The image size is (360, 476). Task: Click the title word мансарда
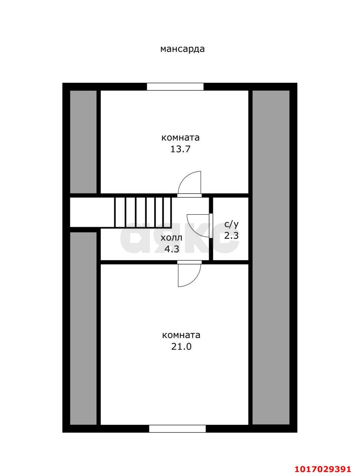182,49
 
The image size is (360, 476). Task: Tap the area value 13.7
181,149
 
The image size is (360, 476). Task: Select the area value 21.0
181,347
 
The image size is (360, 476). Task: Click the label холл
171,238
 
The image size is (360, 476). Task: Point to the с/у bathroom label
231,224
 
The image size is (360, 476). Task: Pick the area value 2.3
231,235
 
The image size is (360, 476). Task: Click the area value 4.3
172,249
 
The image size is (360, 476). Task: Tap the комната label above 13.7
181,138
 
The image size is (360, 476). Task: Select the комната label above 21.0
181,335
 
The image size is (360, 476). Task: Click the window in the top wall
175,87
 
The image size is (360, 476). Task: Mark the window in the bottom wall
177,429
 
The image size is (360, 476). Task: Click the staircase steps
143,212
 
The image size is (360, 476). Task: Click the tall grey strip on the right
271,257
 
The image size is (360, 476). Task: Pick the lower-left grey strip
84,328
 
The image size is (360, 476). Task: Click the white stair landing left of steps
92,212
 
